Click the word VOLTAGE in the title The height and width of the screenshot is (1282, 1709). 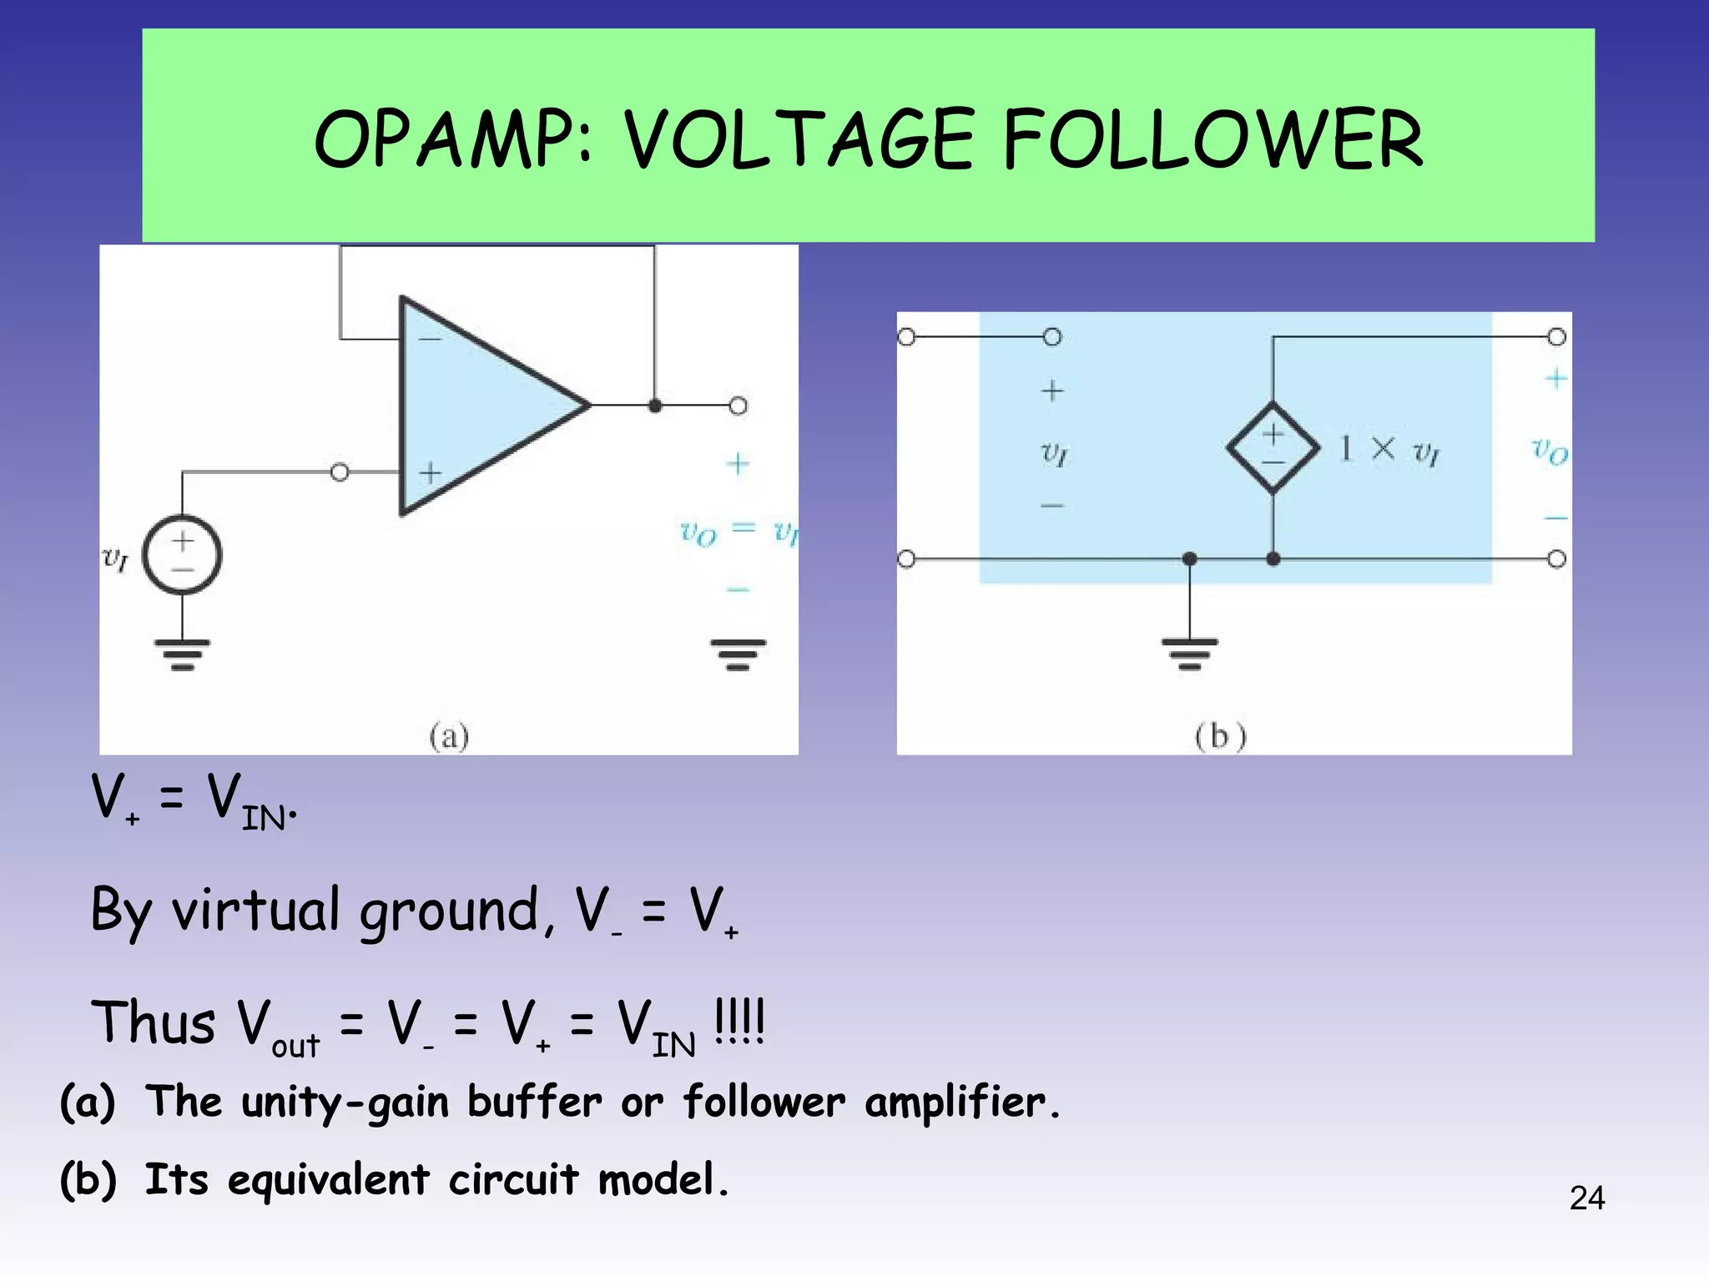click(x=799, y=139)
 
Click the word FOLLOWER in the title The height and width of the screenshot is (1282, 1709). click(x=1212, y=139)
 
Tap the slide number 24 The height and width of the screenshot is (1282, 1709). click(x=1586, y=1198)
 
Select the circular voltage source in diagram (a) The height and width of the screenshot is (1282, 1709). click(x=182, y=555)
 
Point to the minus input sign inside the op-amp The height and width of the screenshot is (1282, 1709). click(x=430, y=339)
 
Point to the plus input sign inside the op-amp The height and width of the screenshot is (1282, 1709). click(x=430, y=473)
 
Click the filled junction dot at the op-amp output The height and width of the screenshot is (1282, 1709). click(x=655, y=406)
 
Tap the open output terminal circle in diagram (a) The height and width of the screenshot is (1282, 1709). click(x=738, y=406)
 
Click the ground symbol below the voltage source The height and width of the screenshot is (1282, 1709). click(x=182, y=654)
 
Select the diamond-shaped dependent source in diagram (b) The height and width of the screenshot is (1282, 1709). click(x=1273, y=448)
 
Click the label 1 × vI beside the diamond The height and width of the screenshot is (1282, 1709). click(x=1389, y=450)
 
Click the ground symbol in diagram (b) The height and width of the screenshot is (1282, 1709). click(x=1189, y=654)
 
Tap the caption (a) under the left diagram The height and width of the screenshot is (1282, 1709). click(x=449, y=736)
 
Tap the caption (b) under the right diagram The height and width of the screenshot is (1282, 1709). click(x=1220, y=736)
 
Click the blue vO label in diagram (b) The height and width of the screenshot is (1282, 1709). click(x=1550, y=451)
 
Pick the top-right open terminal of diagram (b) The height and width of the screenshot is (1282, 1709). click(x=1556, y=337)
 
